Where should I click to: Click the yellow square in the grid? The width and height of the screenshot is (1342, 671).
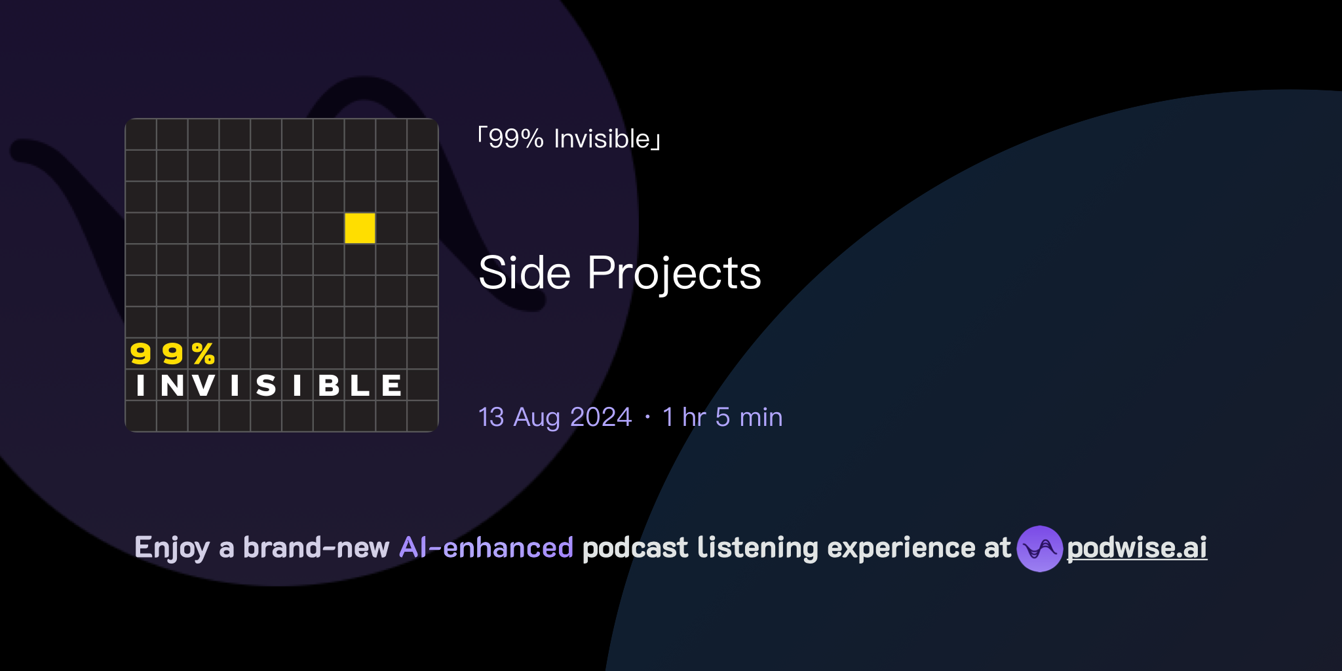(x=360, y=228)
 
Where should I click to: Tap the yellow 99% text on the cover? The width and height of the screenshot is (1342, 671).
(x=172, y=354)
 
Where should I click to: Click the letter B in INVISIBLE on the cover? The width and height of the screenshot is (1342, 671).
(x=329, y=385)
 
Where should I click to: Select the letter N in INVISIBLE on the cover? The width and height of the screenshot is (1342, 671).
(x=172, y=385)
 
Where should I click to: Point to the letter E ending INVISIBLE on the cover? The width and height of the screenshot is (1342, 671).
(x=391, y=385)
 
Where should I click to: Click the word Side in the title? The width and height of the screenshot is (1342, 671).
(x=524, y=273)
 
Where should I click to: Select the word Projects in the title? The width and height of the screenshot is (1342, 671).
(x=674, y=274)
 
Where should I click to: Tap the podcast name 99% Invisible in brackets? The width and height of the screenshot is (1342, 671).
(x=569, y=139)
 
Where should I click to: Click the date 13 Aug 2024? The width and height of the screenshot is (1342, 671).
(x=554, y=417)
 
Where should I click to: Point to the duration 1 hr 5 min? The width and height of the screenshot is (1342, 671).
(x=722, y=417)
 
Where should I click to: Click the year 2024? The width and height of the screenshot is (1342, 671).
(x=600, y=417)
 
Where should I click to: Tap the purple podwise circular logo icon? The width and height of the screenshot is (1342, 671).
(x=1039, y=548)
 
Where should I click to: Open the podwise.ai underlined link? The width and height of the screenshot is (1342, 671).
(x=1137, y=548)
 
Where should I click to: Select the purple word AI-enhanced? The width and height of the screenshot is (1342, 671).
(x=486, y=548)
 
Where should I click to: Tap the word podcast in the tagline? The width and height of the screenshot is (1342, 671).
(x=635, y=548)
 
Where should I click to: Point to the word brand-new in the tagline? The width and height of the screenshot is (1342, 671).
(x=316, y=548)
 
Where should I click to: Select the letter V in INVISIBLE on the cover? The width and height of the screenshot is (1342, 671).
(x=204, y=385)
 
